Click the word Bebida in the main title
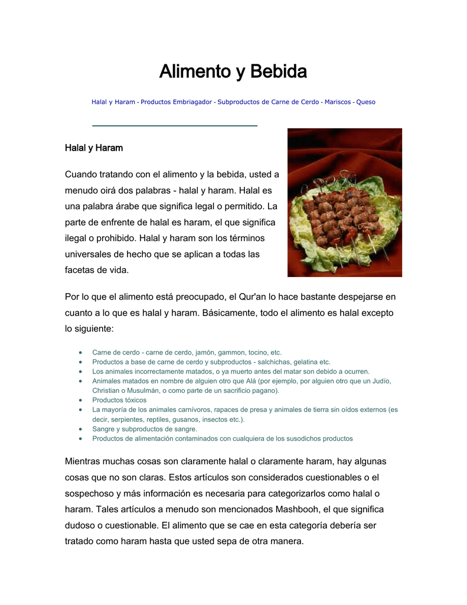(x=278, y=72)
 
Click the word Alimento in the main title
(x=195, y=72)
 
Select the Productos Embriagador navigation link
(x=176, y=102)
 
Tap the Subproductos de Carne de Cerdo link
(x=268, y=102)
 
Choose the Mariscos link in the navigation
(x=338, y=102)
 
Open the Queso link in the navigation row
(x=365, y=102)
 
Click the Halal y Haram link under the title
(x=113, y=102)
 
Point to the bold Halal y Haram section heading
(x=94, y=148)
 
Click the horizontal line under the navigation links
(x=175, y=126)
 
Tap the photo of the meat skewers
(x=344, y=203)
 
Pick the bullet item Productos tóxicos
(x=119, y=400)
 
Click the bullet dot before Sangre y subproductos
(x=80, y=429)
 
